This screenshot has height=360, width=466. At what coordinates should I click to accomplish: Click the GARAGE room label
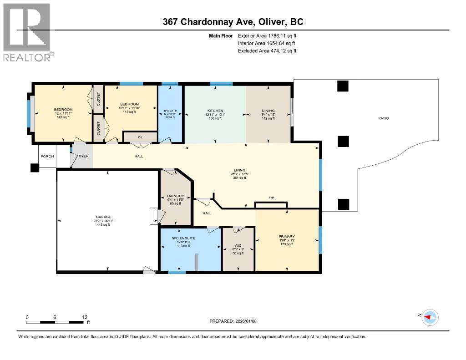tap(103, 217)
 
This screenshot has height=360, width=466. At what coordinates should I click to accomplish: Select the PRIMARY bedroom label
tap(287, 236)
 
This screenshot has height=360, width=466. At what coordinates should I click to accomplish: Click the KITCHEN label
tap(215, 111)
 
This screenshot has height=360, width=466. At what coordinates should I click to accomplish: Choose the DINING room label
tap(268, 111)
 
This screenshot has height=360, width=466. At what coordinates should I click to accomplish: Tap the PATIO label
tap(383, 118)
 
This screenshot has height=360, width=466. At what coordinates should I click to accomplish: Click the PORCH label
tap(47, 157)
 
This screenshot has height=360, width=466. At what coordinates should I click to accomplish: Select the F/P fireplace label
tap(271, 198)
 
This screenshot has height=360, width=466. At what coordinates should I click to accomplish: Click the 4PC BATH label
tap(169, 111)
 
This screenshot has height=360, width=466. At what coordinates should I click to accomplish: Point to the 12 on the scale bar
tap(85, 317)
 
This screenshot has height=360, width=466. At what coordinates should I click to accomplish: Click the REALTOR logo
tap(27, 32)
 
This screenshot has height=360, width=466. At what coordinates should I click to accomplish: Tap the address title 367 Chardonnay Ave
tap(233, 22)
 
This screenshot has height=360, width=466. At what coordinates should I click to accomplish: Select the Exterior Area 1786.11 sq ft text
tap(267, 35)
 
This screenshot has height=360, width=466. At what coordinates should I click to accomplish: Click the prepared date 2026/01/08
tap(233, 321)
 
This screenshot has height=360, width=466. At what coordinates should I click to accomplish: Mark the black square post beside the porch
tap(35, 168)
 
